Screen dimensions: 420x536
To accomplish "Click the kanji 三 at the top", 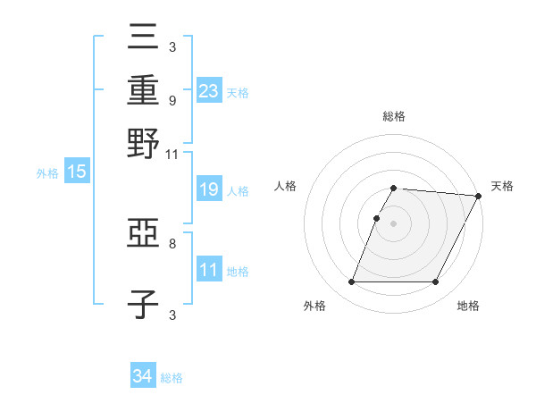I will (143, 38).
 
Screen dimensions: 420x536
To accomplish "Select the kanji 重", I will (143, 90).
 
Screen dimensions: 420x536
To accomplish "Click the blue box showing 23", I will (209, 90).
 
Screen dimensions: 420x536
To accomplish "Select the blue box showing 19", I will (209, 190).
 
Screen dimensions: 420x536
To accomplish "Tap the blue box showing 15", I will (77, 172).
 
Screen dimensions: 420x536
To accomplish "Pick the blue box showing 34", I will (142, 376).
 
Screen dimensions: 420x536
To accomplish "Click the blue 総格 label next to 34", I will (172, 378).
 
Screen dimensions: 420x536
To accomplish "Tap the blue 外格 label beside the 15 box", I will (47, 173).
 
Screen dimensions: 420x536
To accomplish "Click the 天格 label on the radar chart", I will (502, 186).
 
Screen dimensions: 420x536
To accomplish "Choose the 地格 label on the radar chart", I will (468, 307).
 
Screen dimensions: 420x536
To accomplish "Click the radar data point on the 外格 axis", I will (351, 282).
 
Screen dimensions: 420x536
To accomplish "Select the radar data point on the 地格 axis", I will (436, 282).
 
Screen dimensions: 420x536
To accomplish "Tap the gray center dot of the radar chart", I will (393, 223).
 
